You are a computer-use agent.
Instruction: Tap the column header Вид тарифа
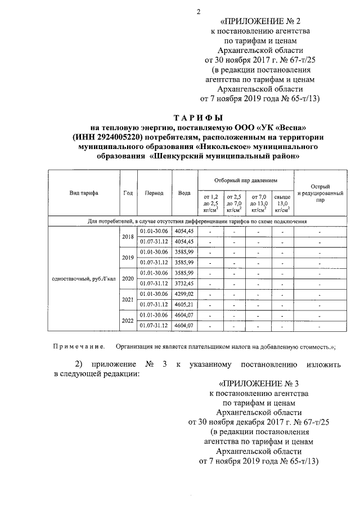click(x=84, y=193)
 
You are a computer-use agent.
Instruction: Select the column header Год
click(x=128, y=193)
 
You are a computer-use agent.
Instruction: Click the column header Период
click(x=154, y=193)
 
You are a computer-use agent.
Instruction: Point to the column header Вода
click(x=184, y=193)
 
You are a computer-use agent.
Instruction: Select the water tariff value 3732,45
click(x=184, y=283)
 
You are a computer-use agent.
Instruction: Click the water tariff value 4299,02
click(x=184, y=294)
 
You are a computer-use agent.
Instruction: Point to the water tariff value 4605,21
click(x=184, y=304)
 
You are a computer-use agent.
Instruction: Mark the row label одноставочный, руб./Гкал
click(x=83, y=278)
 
